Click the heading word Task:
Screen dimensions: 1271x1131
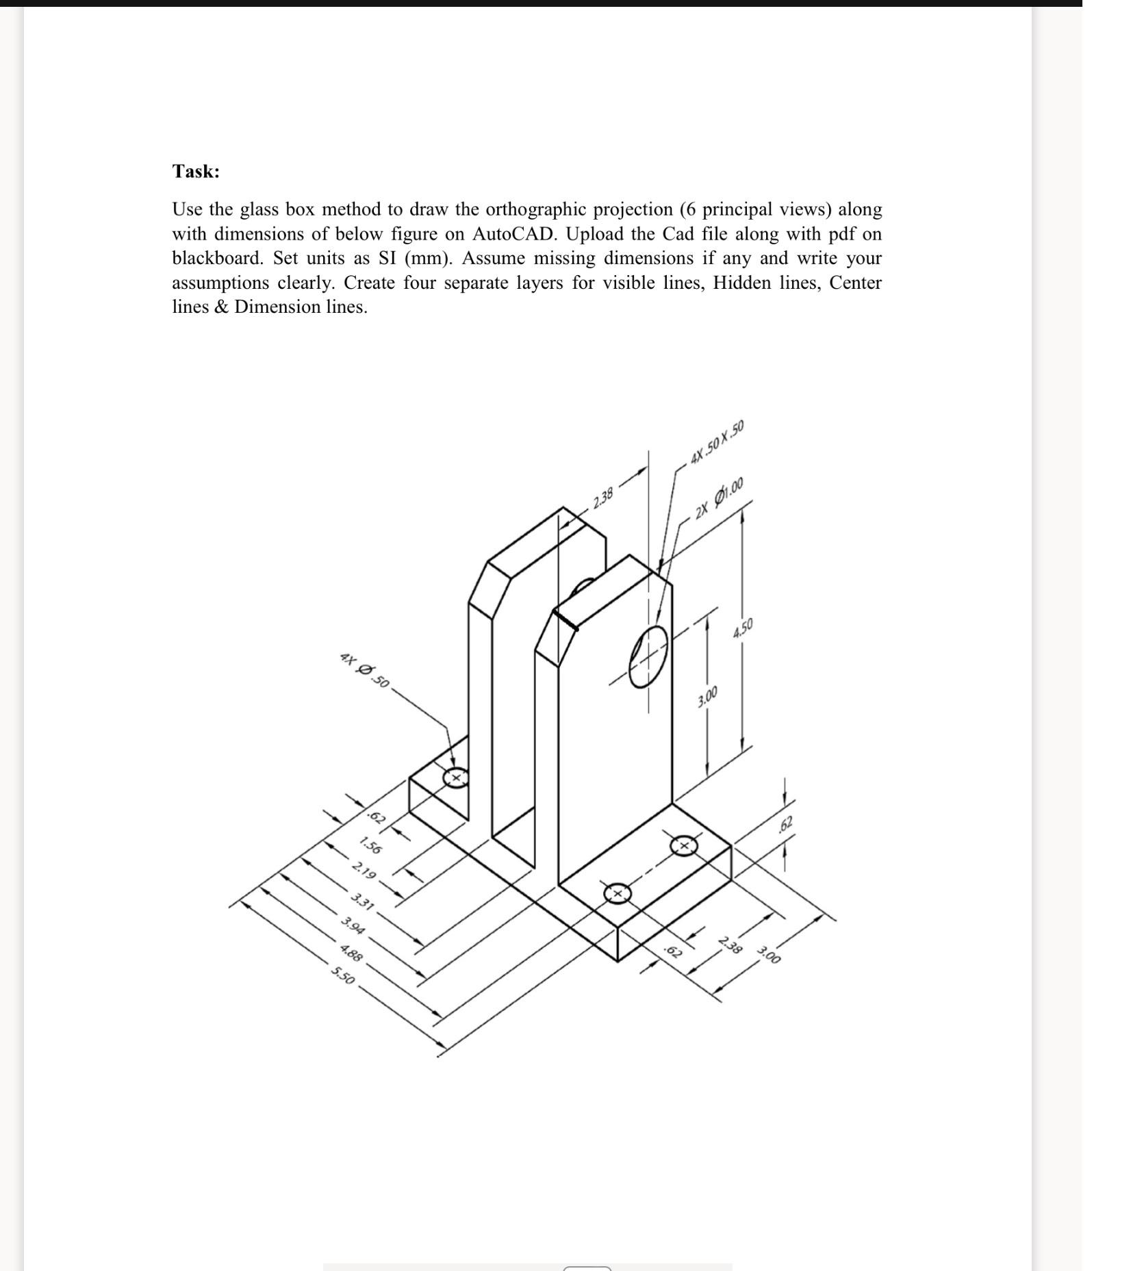tap(196, 171)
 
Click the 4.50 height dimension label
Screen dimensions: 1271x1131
tap(743, 628)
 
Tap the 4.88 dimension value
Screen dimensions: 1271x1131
tap(351, 952)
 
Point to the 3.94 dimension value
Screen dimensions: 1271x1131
tap(353, 926)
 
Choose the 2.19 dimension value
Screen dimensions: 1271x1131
tap(364, 873)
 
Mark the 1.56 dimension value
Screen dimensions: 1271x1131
tap(370, 846)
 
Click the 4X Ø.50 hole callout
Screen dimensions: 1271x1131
tap(364, 671)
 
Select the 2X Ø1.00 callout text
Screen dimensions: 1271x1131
tap(719, 499)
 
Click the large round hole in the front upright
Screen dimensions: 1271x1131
tap(648, 655)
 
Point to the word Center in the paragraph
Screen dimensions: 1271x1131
tap(855, 283)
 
